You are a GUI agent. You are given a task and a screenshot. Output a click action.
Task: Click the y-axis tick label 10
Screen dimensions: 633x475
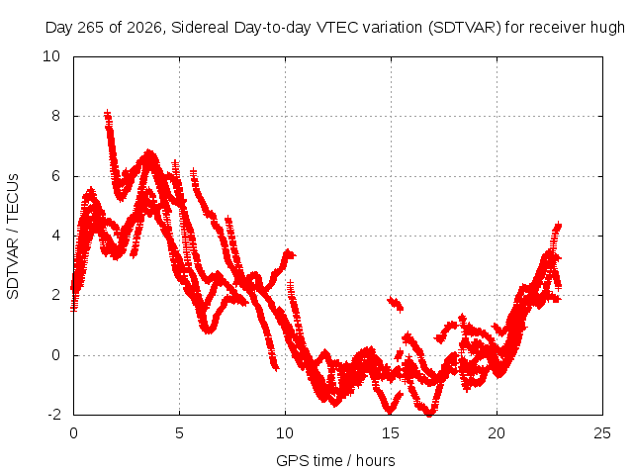click(x=51, y=56)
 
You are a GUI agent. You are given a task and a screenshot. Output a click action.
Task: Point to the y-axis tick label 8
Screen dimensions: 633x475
click(x=55, y=116)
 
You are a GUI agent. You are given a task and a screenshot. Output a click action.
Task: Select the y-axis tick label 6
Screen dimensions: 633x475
click(x=55, y=176)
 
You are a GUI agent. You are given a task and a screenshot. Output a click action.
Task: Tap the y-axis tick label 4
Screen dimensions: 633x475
click(x=55, y=236)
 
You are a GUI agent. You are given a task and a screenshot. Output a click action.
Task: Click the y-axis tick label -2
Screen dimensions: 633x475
click(x=54, y=415)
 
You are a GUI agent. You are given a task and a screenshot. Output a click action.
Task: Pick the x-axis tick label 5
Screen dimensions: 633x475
click(x=179, y=433)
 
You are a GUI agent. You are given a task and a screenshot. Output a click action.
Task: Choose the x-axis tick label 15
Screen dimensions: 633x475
click(x=391, y=433)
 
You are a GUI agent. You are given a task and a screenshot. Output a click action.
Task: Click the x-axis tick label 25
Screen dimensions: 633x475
click(x=602, y=433)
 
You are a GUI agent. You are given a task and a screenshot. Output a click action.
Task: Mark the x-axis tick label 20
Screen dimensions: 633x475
click(x=497, y=433)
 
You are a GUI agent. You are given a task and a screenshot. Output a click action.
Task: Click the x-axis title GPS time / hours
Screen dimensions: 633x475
click(x=335, y=461)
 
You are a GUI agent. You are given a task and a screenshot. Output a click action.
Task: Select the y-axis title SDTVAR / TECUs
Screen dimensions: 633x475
click(x=13, y=237)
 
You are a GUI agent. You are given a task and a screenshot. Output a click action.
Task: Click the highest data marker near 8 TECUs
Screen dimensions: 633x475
click(x=107, y=113)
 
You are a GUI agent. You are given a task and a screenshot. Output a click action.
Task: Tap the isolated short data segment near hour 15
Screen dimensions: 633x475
click(x=396, y=304)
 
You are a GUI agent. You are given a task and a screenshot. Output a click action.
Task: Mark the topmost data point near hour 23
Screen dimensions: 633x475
click(x=558, y=225)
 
